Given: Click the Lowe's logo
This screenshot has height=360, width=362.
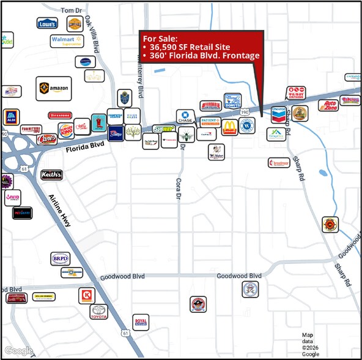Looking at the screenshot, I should tap(47, 24).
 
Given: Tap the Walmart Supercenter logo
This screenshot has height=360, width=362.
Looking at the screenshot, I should tap(67, 41).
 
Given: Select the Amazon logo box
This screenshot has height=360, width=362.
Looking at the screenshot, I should tap(53, 89).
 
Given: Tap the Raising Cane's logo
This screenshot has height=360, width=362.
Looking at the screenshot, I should tap(47, 139).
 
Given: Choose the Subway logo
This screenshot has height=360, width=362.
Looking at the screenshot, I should tap(164, 129).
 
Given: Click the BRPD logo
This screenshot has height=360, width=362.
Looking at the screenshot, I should tap(59, 259).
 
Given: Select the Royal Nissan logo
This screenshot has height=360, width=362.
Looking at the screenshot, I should tap(141, 322).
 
